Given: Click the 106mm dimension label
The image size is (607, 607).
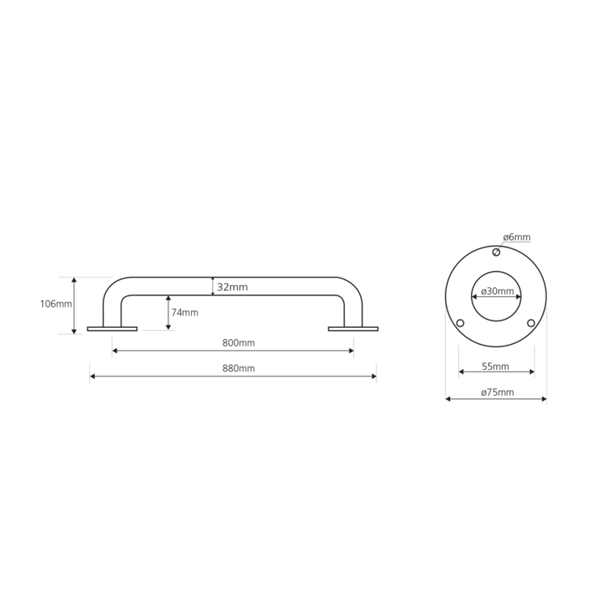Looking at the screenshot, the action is point(56,303).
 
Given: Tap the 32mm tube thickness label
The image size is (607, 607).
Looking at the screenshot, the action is point(232,287).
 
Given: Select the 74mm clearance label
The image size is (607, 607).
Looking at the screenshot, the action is point(185,312).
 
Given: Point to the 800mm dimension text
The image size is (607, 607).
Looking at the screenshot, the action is point(239,342).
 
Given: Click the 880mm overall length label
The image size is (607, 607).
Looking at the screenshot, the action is point(239,368).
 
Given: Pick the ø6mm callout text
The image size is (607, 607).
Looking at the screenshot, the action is point(517,237).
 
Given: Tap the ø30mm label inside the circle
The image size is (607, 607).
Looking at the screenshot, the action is point(498,291).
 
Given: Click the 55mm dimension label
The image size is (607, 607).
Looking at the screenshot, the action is point(495,366).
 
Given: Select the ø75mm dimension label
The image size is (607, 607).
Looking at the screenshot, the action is point(498,393).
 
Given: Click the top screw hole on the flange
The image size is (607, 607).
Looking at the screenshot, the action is point(496,253).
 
